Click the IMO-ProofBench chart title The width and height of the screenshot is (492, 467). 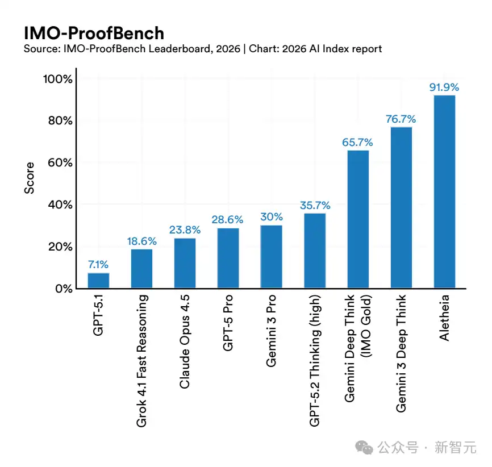pos(94,32)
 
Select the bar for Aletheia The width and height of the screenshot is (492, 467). pos(444,192)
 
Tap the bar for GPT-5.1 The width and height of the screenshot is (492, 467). pos(98,281)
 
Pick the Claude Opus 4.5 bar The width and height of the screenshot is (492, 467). pos(185,263)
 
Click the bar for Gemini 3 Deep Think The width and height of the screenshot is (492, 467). pos(401,208)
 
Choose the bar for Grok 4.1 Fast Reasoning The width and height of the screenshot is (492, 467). pos(141,269)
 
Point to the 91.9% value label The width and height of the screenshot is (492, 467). pos(443,87)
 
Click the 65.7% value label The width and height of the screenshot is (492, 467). pos(358,142)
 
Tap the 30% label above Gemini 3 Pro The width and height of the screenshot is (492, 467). pos(271,217)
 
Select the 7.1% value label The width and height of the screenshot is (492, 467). pos(98,265)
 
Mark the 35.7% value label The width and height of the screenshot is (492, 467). pos(315,205)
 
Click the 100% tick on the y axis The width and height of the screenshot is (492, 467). pos(58,79)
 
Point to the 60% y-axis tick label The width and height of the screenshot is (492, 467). pos(60,162)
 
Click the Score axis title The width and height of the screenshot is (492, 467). pos(30,178)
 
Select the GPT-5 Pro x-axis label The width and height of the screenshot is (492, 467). pos(228,322)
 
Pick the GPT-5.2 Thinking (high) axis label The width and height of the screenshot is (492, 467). pos(314,360)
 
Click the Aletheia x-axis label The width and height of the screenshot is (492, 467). pos(444,318)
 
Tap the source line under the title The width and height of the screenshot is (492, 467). pos(202,49)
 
